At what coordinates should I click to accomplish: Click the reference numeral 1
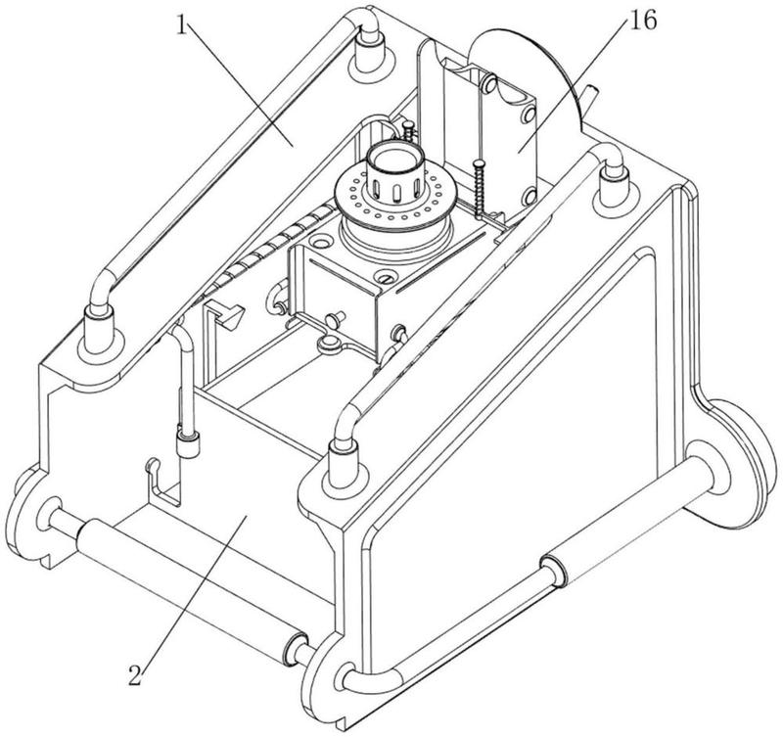click(182, 26)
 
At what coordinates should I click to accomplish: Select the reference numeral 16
click(643, 22)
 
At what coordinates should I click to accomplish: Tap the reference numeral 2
click(136, 675)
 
